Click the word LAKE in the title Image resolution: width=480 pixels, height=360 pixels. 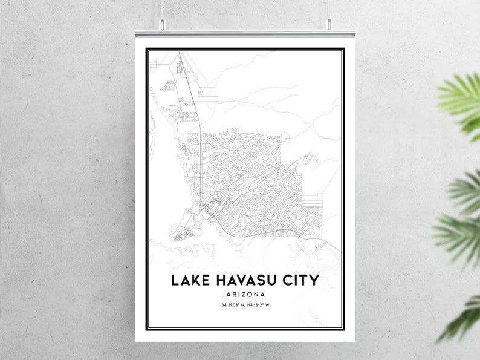click(187, 281)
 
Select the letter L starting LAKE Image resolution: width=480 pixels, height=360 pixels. click(175, 281)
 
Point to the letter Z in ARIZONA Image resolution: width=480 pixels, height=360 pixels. click(245, 295)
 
